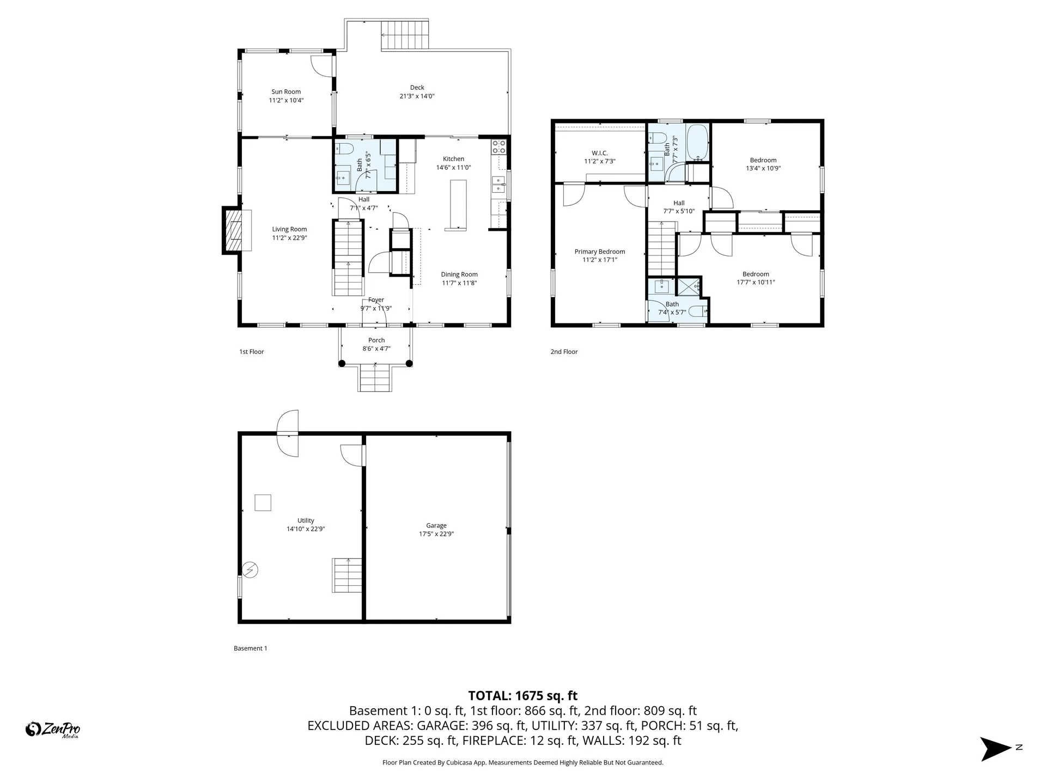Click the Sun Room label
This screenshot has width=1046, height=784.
[286, 92]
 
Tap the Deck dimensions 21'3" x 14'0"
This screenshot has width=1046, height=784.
[417, 96]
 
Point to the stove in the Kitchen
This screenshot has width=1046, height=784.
[499, 146]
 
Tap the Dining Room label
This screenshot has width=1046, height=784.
[459, 274]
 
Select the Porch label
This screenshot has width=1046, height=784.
[376, 340]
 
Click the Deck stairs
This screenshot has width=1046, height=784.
[404, 35]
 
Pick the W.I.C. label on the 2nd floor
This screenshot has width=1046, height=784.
[599, 154]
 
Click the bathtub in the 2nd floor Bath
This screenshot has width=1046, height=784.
[697, 143]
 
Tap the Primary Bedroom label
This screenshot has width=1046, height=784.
[599, 252]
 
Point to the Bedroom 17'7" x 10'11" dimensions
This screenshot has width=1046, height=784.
[756, 283]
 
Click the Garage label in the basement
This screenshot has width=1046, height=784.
[436, 525]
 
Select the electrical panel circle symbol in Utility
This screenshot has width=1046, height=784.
[251, 570]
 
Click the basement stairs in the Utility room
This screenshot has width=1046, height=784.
[347, 575]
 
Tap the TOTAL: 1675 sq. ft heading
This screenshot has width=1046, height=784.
[522, 696]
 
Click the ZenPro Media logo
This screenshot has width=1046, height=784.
[53, 729]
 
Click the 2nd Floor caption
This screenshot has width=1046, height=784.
[564, 352]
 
